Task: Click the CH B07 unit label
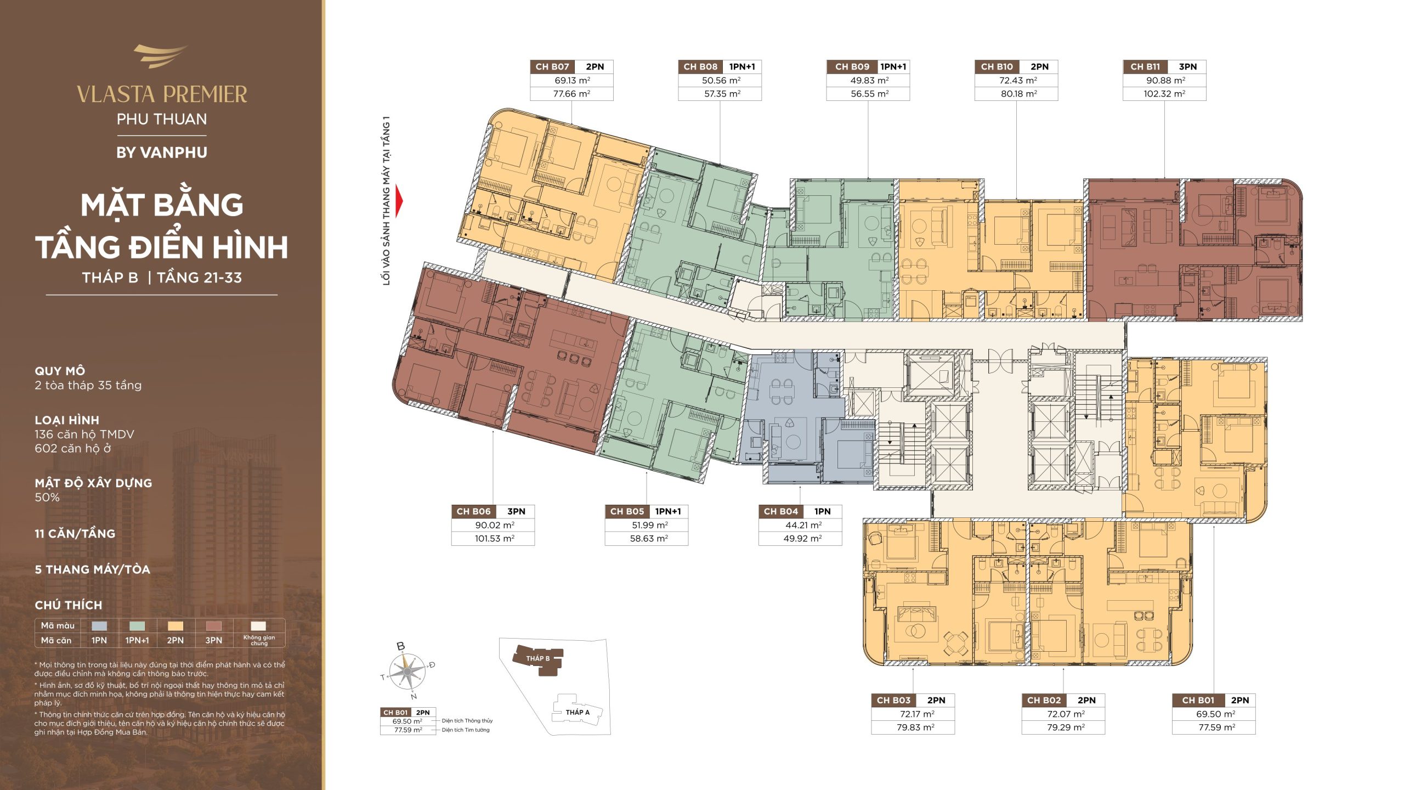[552, 67]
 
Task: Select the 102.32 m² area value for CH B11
[1164, 94]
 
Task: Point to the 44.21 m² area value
[800, 525]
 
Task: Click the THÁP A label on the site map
[578, 712]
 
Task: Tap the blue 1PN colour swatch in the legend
[99, 625]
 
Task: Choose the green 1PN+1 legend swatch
[137, 625]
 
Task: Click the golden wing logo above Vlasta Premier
[160, 57]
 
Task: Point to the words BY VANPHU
[162, 153]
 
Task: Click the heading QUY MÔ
[60, 371]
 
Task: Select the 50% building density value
[47, 498]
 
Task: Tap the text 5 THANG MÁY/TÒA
[93, 569]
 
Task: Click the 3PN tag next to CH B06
[516, 511]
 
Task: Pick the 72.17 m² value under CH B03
[913, 714]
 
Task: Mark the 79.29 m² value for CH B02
[1063, 727]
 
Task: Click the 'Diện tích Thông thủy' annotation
[467, 721]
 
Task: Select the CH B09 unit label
[852, 67]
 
